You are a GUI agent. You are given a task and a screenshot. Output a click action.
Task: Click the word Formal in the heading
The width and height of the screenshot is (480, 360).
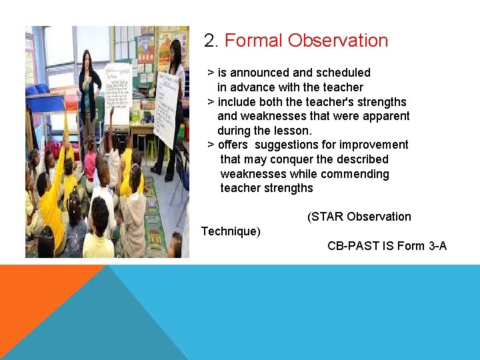254,41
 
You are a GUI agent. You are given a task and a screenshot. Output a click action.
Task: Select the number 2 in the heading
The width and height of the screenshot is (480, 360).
210,41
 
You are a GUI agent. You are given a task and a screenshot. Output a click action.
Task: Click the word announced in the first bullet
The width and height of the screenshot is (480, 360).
258,73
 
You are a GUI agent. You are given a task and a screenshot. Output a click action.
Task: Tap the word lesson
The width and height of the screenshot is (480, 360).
294,131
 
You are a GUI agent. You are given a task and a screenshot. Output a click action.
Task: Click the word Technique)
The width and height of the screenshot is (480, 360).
231,231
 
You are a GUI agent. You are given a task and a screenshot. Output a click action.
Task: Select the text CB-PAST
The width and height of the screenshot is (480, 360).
353,246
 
